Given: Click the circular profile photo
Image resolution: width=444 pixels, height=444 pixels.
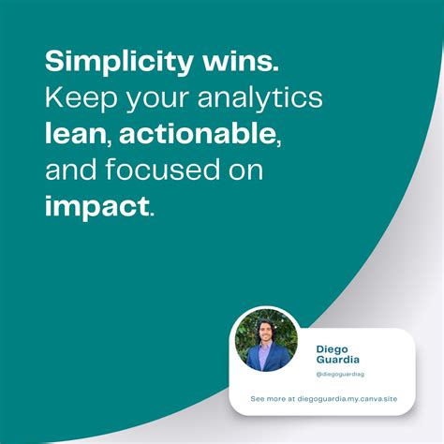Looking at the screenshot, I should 267,339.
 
